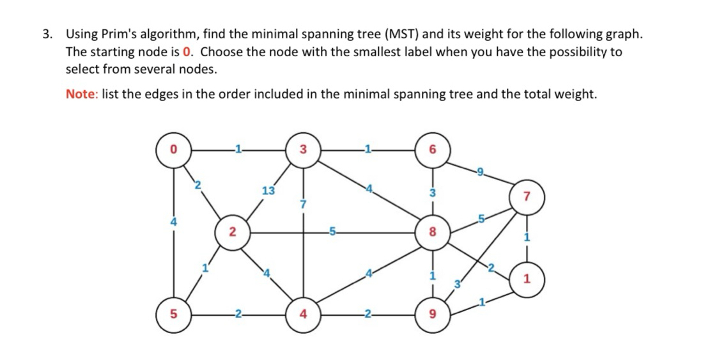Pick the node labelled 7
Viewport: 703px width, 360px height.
527,196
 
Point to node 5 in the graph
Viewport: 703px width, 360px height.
172,315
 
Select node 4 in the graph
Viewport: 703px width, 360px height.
303,315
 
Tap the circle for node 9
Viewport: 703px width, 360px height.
433,315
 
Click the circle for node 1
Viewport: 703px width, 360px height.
527,279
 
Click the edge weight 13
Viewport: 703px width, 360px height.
268,191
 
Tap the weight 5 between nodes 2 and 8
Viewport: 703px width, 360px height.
333,233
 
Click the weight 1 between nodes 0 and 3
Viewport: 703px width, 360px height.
237,150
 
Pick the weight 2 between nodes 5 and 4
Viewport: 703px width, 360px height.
237,315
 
